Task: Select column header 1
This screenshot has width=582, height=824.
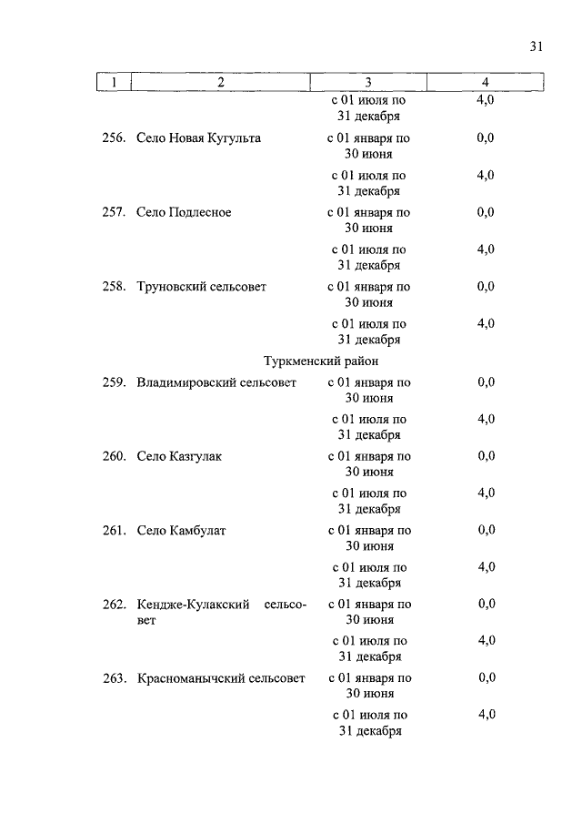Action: (114, 83)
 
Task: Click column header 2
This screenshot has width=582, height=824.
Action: (220, 83)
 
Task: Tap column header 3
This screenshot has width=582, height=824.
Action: (368, 83)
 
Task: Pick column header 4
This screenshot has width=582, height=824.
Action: (485, 83)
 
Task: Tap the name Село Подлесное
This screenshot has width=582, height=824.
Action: (184, 212)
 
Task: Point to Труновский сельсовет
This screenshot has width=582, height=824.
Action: (201, 286)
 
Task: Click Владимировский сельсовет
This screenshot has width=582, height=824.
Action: (216, 382)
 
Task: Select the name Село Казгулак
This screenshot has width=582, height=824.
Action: (179, 456)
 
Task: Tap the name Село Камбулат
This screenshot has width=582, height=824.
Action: (181, 530)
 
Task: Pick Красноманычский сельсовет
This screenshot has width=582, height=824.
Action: (221, 678)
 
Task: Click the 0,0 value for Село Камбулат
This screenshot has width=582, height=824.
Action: (487, 530)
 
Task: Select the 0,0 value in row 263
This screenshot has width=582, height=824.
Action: (487, 678)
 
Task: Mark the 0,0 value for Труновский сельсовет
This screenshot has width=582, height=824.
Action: (486, 286)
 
